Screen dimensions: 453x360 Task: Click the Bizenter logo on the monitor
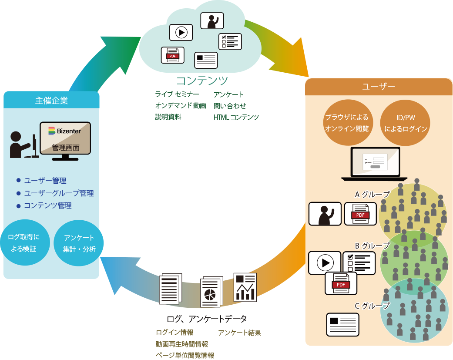(65, 131)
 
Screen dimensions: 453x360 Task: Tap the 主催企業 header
(51, 101)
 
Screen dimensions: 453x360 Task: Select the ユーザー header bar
(379, 86)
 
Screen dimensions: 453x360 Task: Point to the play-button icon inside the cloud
(181, 32)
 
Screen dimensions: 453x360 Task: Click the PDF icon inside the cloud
(172, 55)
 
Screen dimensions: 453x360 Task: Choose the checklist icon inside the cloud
(230, 42)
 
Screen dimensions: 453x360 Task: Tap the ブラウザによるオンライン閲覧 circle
(347, 123)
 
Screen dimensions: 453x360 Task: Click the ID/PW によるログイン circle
(405, 123)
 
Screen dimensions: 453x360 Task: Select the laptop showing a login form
(375, 164)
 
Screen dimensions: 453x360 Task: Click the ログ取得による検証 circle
(24, 243)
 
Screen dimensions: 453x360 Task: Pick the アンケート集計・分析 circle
(79, 243)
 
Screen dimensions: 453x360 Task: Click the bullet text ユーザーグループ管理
(59, 193)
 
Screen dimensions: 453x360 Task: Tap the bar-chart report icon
(245, 287)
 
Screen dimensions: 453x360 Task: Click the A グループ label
(372, 195)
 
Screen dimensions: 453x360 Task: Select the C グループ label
(372, 306)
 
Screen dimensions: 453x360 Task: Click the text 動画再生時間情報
(182, 344)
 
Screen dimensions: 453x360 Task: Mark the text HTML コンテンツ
(236, 117)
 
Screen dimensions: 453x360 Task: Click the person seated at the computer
(20, 145)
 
